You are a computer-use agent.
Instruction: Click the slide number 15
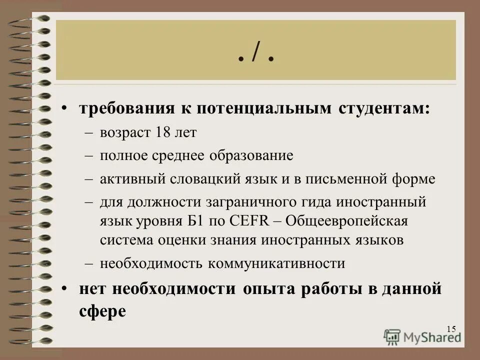tap(451, 328)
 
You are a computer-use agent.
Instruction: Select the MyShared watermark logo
tap(423, 336)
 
